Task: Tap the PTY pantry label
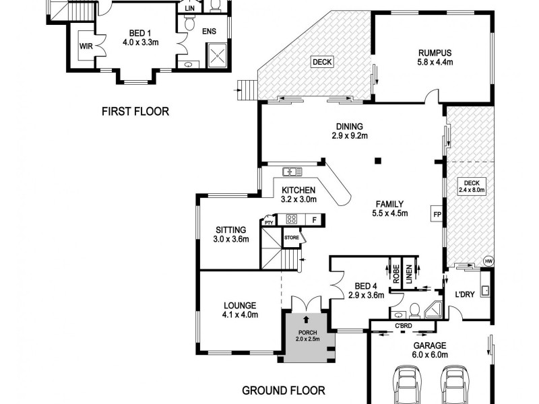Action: point(269,222)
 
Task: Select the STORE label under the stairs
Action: point(292,238)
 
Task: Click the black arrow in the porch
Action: point(307,320)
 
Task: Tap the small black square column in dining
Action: point(378,160)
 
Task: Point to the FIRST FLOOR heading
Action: point(135,111)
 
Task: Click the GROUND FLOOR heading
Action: point(284,390)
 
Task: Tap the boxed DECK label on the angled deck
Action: point(322,63)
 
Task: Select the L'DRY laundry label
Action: point(466,295)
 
